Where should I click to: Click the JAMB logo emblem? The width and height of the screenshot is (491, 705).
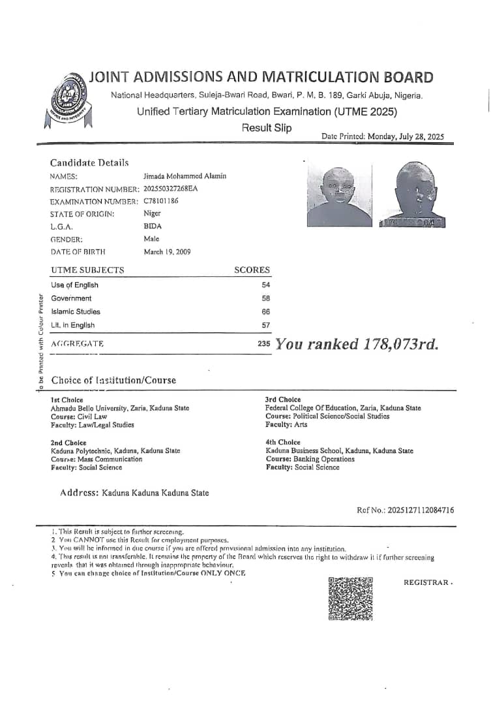(66, 99)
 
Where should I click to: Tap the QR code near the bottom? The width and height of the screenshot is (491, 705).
(351, 599)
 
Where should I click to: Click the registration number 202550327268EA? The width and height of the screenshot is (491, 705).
(170, 189)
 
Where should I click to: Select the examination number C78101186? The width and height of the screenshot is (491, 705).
(160, 201)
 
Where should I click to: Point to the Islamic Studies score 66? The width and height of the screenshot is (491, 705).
(265, 312)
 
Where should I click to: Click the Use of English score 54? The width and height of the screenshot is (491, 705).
(265, 285)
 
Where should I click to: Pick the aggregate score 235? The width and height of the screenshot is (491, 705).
(263, 343)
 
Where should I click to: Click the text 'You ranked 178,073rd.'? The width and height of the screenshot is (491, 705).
(357, 344)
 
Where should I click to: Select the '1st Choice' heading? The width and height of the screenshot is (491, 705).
(67, 399)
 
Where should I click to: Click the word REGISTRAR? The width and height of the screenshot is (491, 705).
(426, 582)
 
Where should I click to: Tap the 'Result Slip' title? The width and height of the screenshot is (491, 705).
(267, 128)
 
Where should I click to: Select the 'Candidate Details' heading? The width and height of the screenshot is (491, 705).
(89, 163)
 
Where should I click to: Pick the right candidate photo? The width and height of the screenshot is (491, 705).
(411, 194)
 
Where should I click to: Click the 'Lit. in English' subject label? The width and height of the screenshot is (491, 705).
(72, 325)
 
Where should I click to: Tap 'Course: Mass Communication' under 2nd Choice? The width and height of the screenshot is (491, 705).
(97, 459)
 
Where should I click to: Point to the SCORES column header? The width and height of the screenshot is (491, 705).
(252, 270)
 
